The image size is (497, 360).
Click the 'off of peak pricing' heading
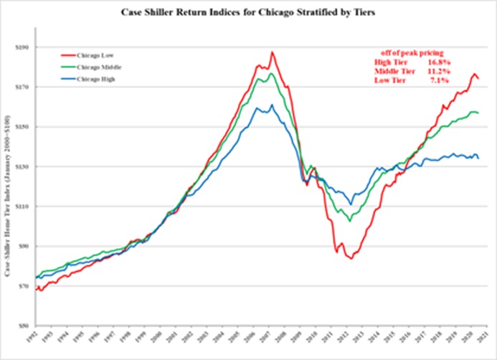pyautogui.click(x=411, y=52)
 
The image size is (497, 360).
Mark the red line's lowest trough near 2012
pyautogui.click(x=351, y=258)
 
